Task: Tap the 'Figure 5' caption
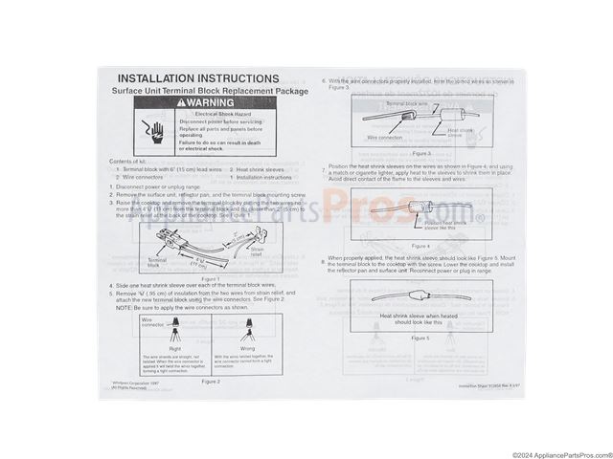(422, 338)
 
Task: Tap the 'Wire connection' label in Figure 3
(385, 137)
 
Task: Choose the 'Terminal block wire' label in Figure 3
(407, 102)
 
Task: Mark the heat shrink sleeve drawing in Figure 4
(419, 205)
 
